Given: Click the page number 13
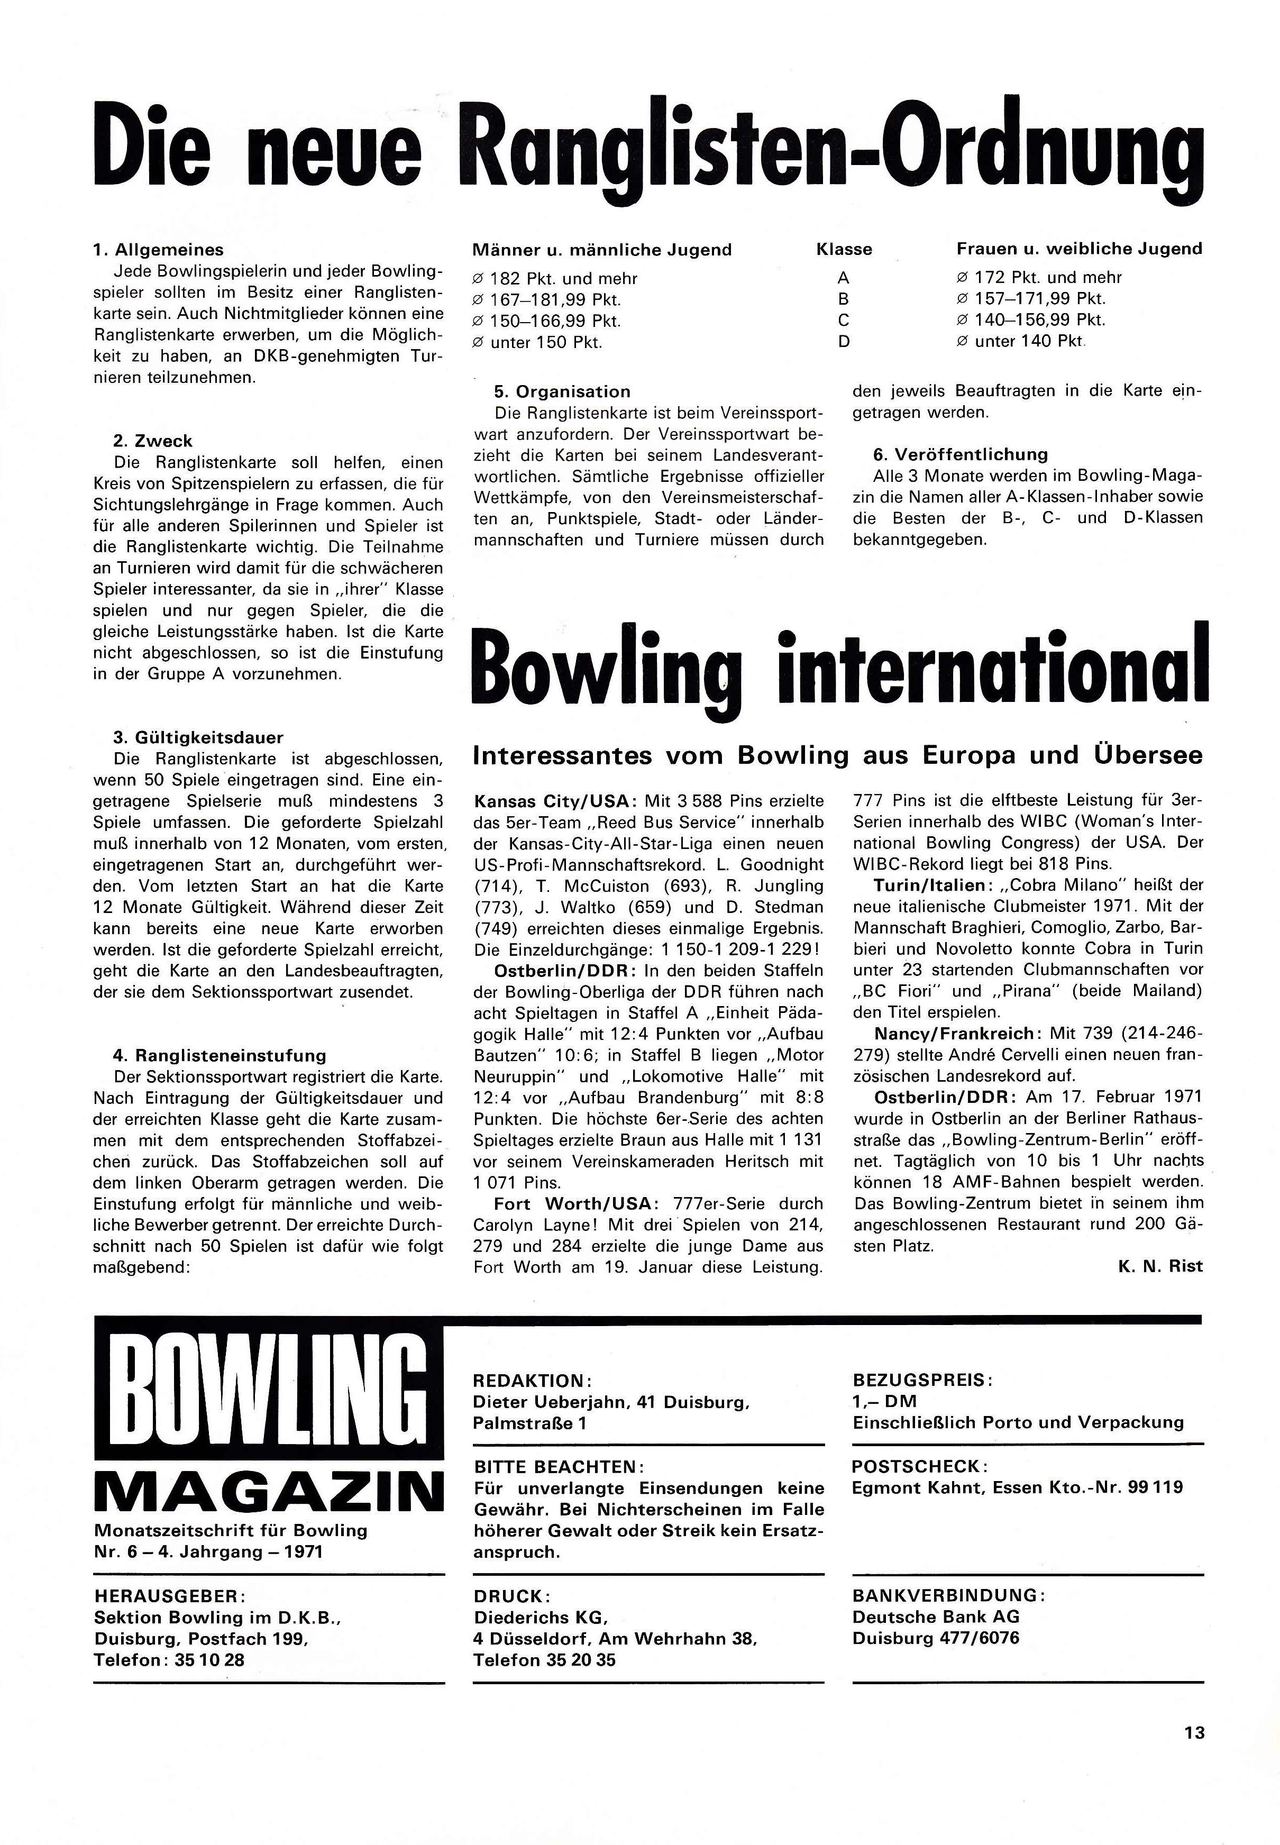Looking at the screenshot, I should [1193, 1732].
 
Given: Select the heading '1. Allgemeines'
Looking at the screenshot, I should [159, 250].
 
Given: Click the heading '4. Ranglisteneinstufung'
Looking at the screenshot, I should [220, 1055].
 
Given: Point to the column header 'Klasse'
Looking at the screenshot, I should [844, 249].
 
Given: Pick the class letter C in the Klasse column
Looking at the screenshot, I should [843, 321].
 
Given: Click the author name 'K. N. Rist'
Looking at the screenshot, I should [1160, 1267].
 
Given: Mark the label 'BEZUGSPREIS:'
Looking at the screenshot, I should [923, 1381].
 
